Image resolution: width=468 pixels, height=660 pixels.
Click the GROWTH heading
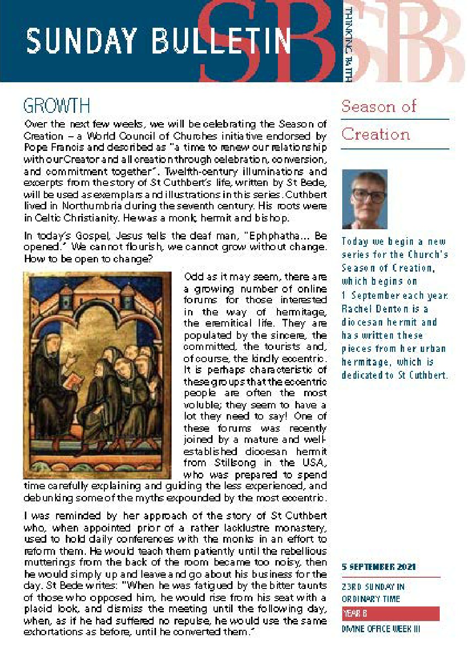pos(57,106)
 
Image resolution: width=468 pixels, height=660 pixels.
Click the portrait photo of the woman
pos(364,199)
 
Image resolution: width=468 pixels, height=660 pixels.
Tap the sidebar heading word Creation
pos(375,134)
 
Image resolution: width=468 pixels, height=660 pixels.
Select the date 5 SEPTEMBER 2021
pos(378,567)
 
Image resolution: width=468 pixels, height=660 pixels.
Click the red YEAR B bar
pos(390,613)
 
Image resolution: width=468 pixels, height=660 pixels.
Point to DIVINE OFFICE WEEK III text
pos(380,629)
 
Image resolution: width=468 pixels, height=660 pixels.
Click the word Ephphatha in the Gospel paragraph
pos(274,236)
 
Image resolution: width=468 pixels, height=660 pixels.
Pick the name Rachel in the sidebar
pos(356,309)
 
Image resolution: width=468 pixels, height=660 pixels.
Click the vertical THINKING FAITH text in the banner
pos(348,44)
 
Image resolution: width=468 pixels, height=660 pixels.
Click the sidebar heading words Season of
pos(379,106)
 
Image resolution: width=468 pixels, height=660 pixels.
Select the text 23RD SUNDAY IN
pos(373,587)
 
